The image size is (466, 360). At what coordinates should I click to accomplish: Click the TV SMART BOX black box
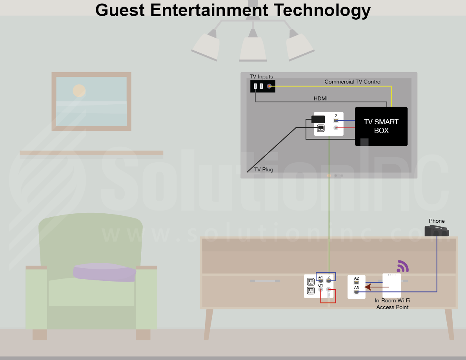[x=381, y=126]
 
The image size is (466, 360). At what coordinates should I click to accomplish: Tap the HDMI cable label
[x=320, y=98]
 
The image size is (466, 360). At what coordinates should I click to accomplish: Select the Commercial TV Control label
[x=353, y=82]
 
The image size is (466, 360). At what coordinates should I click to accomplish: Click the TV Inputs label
[x=261, y=76]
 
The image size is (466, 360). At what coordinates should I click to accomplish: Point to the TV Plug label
[x=264, y=170]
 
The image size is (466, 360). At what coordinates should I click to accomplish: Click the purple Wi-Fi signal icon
[x=402, y=267]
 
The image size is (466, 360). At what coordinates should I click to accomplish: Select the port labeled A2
[x=356, y=282]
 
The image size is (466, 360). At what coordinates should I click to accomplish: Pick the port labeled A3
[x=356, y=292]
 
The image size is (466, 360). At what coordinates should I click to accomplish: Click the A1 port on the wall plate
[x=321, y=281]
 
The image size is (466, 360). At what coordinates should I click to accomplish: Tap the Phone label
[x=437, y=221]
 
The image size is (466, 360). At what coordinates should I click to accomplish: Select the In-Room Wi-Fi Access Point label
[x=392, y=304]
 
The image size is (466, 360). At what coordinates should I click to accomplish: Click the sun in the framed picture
[x=79, y=91]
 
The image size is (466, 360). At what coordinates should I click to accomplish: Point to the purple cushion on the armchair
[x=104, y=272]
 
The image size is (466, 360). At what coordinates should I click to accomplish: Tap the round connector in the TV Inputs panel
[x=269, y=86]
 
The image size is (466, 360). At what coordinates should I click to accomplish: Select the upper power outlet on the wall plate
[x=311, y=282]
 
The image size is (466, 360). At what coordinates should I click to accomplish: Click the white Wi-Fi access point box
[x=391, y=285]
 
